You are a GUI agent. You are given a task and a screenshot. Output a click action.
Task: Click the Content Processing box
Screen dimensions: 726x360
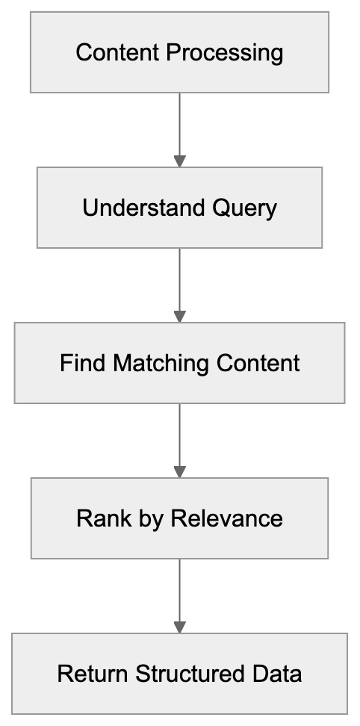pyautogui.click(x=179, y=52)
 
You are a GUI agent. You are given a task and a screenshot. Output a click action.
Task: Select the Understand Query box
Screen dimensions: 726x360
pyautogui.click(x=179, y=208)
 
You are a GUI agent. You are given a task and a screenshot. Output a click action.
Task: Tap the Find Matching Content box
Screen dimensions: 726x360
pyautogui.click(x=179, y=363)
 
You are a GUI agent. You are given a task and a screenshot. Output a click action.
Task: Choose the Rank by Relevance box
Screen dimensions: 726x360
pyautogui.click(x=179, y=518)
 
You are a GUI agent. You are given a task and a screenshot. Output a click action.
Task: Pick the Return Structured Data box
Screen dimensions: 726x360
pyautogui.click(x=179, y=674)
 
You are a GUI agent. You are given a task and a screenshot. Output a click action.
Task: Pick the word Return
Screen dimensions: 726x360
pyautogui.click(x=93, y=674)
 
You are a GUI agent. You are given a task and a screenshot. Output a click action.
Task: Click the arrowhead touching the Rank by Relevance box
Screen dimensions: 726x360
pyautogui.click(x=179, y=472)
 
